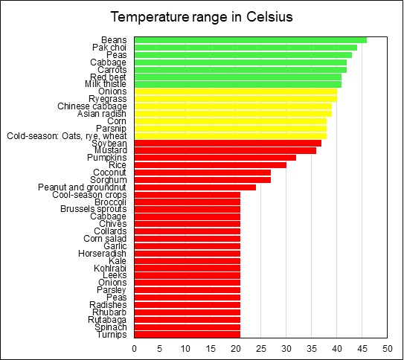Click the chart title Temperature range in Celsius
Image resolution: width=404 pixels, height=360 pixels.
click(202, 16)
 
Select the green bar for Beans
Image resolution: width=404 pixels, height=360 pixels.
click(251, 40)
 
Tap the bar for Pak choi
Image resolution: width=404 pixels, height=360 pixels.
click(246, 48)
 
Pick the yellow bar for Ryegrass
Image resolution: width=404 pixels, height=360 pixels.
click(236, 98)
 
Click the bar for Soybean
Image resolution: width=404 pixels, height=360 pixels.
click(228, 142)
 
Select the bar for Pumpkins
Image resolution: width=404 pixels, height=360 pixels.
click(216, 157)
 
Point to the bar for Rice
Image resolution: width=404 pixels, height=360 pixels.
click(211, 164)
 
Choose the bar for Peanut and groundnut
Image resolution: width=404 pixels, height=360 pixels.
click(196, 187)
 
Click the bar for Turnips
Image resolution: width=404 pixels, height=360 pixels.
click(187, 334)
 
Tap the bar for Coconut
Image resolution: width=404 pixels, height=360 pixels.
click(203, 172)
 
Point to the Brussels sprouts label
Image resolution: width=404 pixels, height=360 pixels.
click(94, 209)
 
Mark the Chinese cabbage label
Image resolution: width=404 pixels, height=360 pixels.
click(92, 106)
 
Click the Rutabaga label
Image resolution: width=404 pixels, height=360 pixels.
click(107, 320)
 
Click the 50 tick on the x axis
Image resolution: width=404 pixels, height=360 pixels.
click(387, 347)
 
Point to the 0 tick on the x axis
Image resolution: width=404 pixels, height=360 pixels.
click(135, 347)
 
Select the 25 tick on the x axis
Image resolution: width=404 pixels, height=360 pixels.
click(261, 347)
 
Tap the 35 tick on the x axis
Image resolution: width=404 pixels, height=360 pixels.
click(312, 347)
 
